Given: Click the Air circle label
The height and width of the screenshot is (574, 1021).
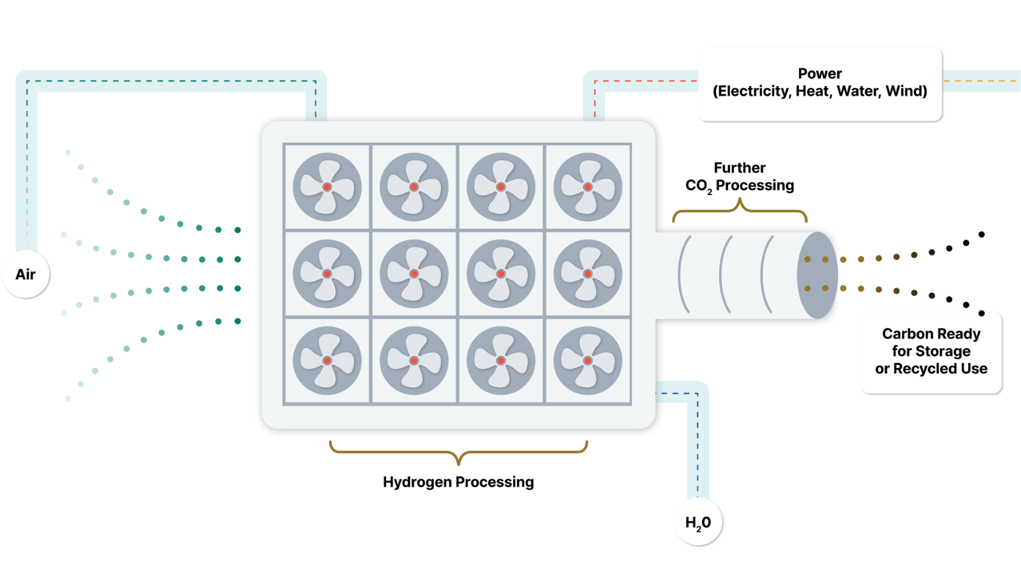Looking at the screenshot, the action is click(26, 274).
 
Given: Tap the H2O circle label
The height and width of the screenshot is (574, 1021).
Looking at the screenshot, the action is click(698, 522).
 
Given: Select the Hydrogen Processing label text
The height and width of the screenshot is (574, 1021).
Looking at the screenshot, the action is click(458, 482).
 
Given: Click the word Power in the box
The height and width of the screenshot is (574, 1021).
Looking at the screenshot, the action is click(820, 73).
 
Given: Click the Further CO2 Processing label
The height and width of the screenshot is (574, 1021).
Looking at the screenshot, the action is click(740, 177).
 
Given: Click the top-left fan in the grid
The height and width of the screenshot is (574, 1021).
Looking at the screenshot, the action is click(327, 187).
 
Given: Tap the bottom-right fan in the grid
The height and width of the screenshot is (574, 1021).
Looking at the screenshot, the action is click(588, 360).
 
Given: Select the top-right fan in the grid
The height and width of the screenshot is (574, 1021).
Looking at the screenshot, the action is click(588, 187).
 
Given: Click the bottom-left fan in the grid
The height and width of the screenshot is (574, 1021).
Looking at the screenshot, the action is click(327, 360).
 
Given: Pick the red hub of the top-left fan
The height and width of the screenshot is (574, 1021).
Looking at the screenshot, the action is click(327, 188).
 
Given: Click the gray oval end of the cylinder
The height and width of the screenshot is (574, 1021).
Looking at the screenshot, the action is click(817, 275).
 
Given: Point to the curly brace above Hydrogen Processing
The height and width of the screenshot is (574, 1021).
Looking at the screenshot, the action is click(458, 452).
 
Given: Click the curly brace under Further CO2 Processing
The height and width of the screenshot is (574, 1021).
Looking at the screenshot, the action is click(740, 210).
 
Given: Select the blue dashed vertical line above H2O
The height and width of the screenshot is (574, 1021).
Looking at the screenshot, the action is click(697, 446).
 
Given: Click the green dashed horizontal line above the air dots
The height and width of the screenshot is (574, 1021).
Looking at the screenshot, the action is click(172, 81).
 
